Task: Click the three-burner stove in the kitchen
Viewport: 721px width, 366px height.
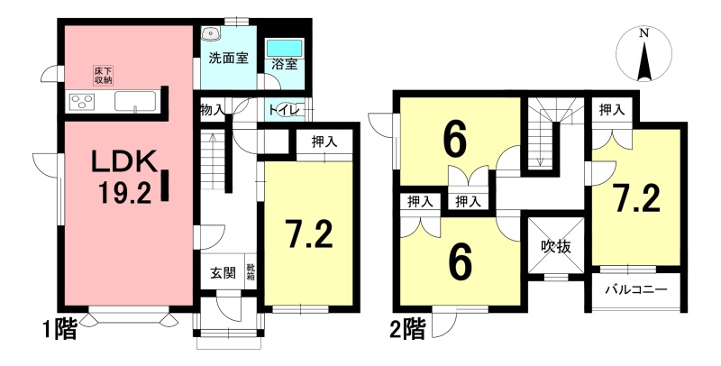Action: click(82, 102)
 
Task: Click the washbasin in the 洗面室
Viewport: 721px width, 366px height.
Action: click(211, 32)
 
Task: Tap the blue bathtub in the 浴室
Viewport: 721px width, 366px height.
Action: click(284, 48)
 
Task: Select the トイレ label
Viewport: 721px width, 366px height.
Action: click(285, 110)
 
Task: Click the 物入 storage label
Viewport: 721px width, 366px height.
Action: click(212, 110)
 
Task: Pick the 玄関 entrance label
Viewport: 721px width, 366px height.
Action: click(224, 272)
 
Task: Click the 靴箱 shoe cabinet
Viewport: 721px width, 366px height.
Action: click(251, 271)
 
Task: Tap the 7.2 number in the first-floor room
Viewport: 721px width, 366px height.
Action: click(307, 234)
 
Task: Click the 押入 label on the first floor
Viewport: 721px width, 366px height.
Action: click(324, 142)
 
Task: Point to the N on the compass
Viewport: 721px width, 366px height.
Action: click(644, 33)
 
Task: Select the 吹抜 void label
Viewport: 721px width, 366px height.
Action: click(555, 247)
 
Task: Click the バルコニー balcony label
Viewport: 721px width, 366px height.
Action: click(635, 290)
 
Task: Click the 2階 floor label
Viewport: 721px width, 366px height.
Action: click(407, 329)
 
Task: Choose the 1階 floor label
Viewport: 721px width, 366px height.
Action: click(59, 329)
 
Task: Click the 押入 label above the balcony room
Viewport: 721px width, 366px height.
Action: click(612, 110)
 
